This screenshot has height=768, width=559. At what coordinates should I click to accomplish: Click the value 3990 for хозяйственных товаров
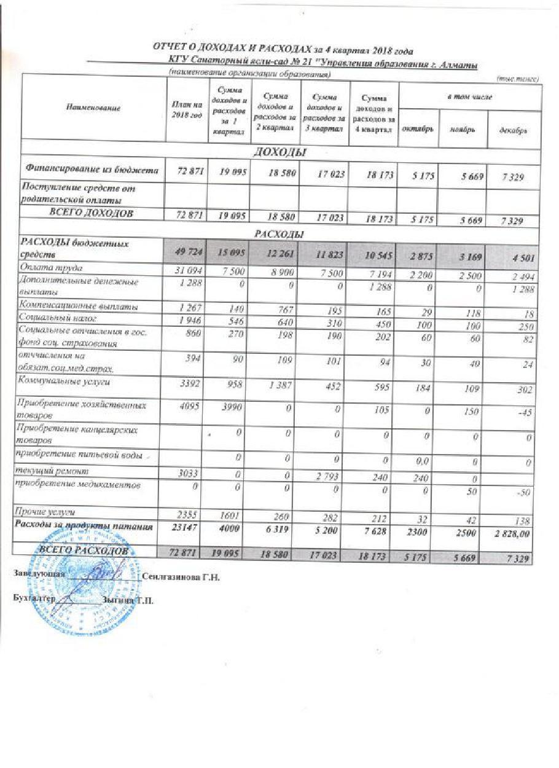232,408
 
